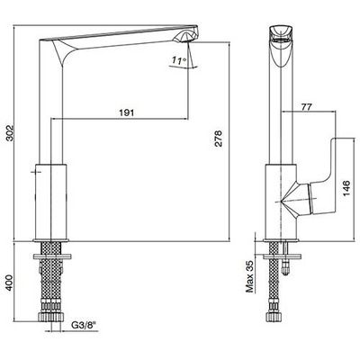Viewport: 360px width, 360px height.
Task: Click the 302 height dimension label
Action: tap(10, 133)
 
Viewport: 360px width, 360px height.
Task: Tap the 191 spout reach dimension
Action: tap(127, 112)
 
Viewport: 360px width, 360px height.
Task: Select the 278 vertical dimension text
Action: tap(220, 139)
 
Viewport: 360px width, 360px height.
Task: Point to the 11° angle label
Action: tap(179, 61)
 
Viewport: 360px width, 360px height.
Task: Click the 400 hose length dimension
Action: tap(10, 283)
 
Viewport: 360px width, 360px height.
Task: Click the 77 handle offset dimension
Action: tap(306, 106)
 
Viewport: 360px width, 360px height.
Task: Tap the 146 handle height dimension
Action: tap(346, 189)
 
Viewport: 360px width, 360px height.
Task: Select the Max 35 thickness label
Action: tap(249, 276)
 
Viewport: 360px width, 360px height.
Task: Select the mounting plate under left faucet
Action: tap(52, 256)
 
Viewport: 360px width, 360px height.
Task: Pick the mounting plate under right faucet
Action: tap(282, 256)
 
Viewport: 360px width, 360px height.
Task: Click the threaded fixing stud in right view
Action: tap(286, 258)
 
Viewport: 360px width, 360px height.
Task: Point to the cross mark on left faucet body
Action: tap(36, 172)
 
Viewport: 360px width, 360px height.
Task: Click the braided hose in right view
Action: tap(274, 277)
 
